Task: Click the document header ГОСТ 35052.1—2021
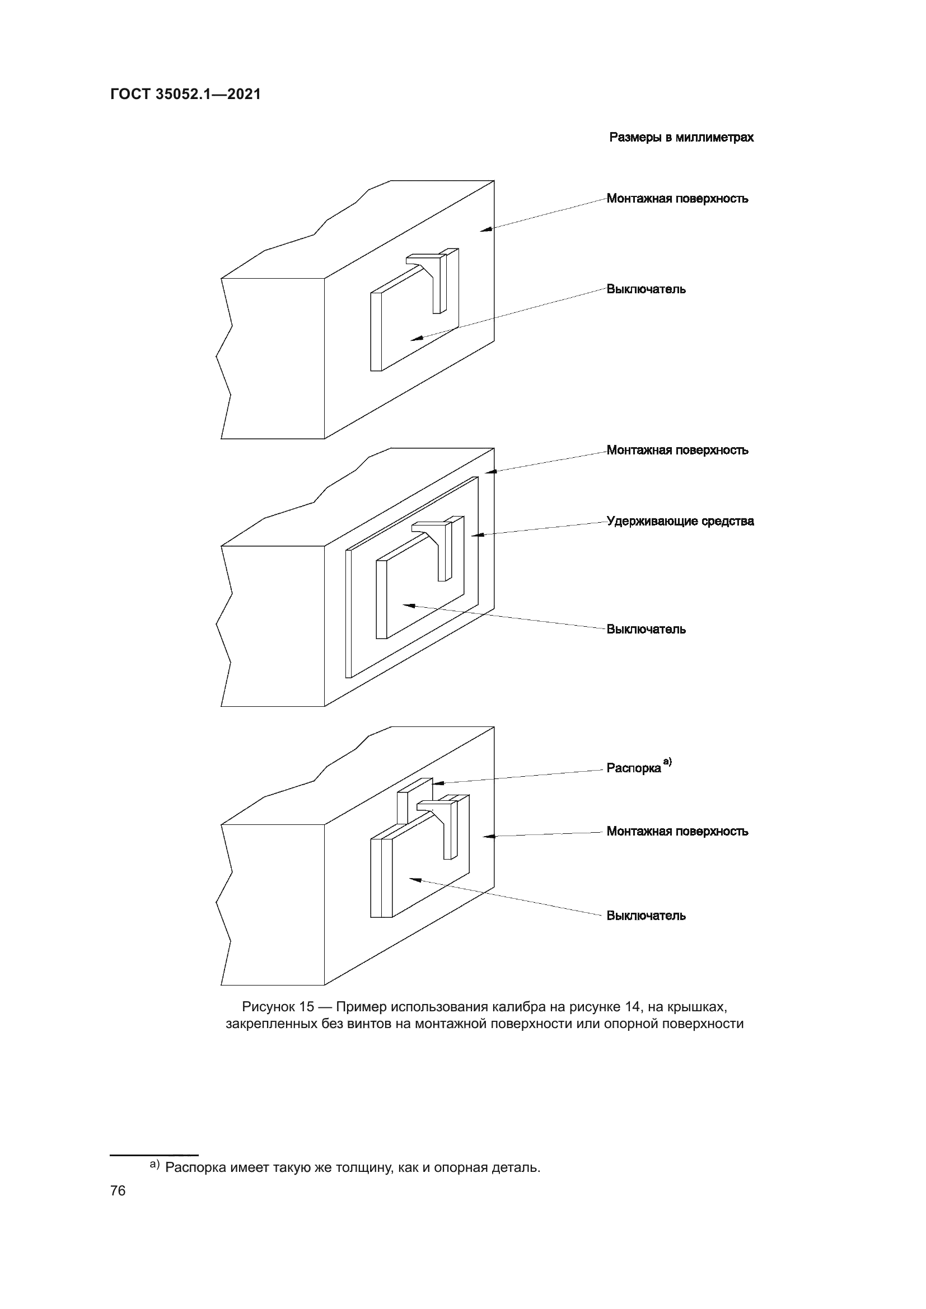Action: click(185, 94)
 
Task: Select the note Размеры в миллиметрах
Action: click(681, 138)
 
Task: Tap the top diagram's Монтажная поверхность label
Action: click(677, 199)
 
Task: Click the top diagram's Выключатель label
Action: click(646, 289)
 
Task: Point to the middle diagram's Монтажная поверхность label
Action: click(677, 451)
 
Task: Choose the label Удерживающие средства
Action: click(680, 521)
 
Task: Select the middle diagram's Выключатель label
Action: click(646, 630)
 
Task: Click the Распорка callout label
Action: click(634, 768)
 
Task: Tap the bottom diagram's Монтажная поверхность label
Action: click(677, 831)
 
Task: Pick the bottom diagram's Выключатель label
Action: click(646, 916)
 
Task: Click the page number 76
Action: click(118, 1191)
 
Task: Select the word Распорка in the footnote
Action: click(196, 1167)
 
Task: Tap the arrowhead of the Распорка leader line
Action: click(437, 783)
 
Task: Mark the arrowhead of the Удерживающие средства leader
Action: click(474, 535)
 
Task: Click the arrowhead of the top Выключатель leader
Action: click(414, 339)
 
